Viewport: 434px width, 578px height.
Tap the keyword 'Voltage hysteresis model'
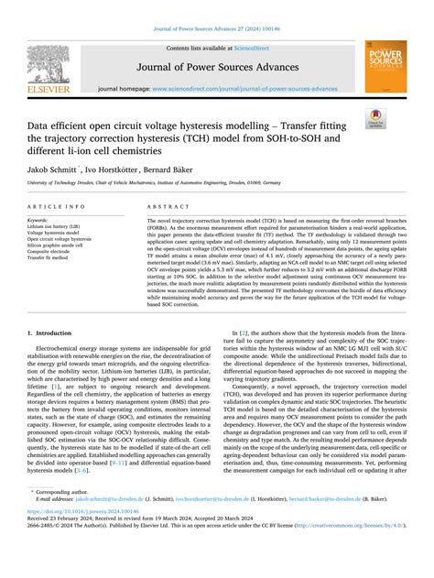[57, 234]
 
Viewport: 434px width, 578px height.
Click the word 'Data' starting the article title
[42, 120]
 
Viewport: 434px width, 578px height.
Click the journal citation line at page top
[216, 10]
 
